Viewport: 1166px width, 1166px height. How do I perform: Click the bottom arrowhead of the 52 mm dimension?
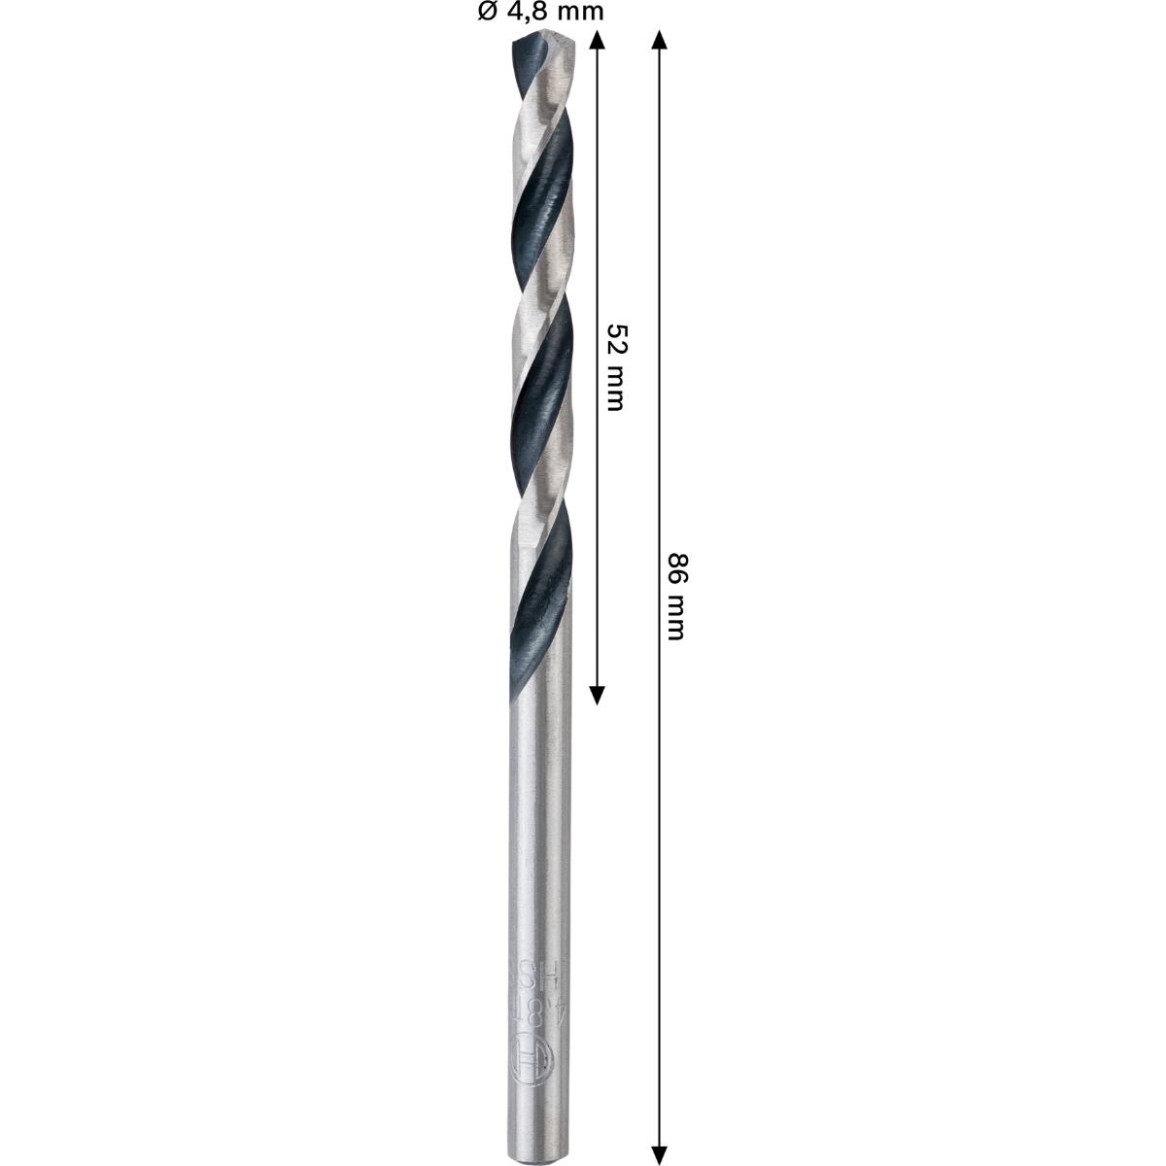(598, 692)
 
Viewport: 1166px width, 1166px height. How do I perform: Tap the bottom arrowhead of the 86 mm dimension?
(659, 1152)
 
